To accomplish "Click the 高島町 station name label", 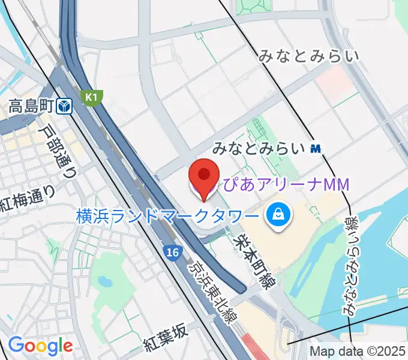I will [x=32, y=107].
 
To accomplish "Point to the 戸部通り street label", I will [x=58, y=151].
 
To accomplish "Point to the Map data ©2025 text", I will [x=358, y=352].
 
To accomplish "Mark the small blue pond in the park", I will [x=106, y=280].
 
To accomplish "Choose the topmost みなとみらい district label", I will [x=309, y=58].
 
